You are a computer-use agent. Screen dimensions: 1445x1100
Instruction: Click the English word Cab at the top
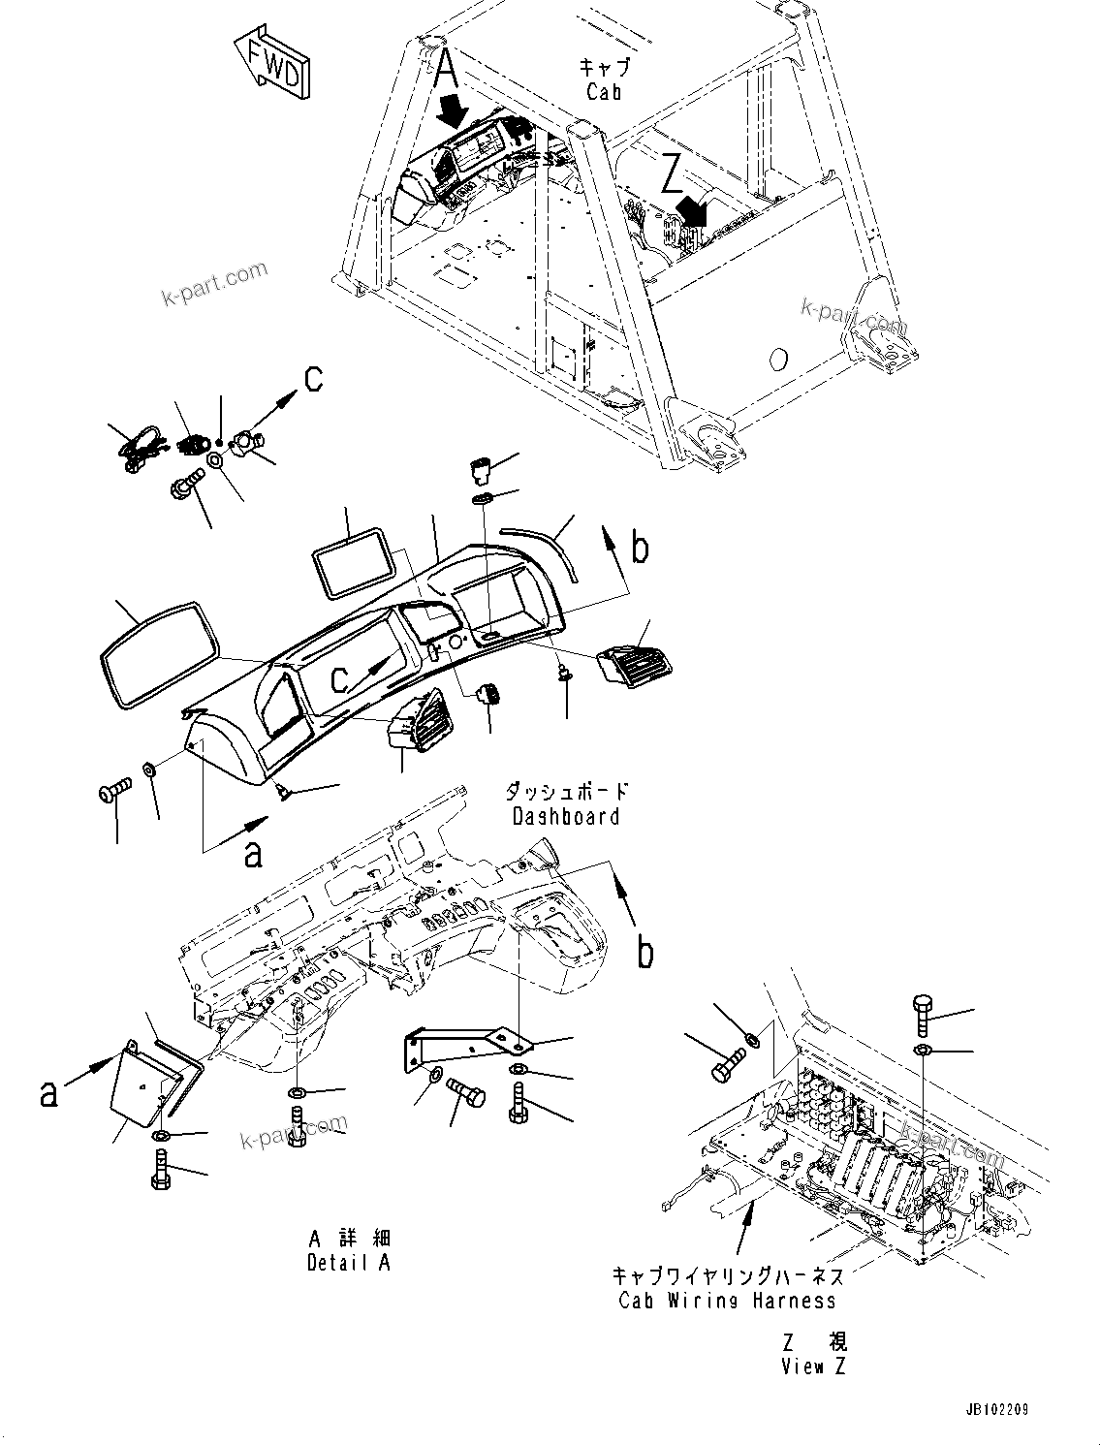tap(604, 92)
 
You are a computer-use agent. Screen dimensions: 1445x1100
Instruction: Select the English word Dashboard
tap(566, 816)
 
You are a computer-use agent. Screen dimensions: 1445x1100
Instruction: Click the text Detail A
tap(350, 1264)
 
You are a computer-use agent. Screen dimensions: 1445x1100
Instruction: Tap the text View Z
tap(814, 1367)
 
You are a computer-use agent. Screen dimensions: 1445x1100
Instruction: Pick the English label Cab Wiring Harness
tap(727, 1301)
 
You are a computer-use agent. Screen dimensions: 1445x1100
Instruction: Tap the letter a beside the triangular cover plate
tap(48, 1093)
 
